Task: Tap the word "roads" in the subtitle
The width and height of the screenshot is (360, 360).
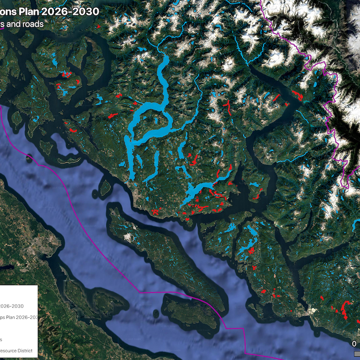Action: [x=33, y=24]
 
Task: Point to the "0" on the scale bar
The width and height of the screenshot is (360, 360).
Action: [x=354, y=344]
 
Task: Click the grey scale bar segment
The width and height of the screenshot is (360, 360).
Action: [x=357, y=352]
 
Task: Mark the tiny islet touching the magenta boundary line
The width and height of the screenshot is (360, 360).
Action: [x=30, y=158]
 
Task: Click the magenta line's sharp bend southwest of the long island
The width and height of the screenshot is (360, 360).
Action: [x=141, y=292]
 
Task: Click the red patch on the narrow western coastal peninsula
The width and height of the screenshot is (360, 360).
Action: [x=73, y=130]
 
